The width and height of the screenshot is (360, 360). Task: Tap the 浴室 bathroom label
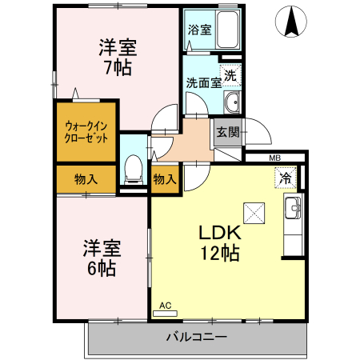(198, 30)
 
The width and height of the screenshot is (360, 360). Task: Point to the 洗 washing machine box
(230, 76)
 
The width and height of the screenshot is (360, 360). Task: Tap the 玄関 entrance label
(226, 133)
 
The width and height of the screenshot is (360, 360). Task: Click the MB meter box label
(274, 158)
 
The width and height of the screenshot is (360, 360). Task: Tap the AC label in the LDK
(166, 306)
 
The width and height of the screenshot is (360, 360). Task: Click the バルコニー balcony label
(196, 336)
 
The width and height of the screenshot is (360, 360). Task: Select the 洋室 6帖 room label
(102, 258)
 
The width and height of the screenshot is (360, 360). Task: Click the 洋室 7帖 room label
(118, 56)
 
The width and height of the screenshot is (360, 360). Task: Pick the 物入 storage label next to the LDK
(164, 179)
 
